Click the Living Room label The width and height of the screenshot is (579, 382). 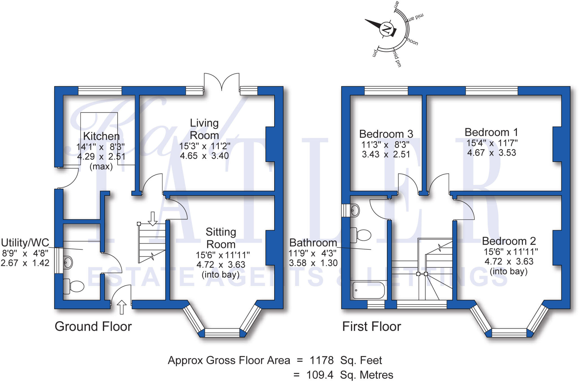(x=204, y=129)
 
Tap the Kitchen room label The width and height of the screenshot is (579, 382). (x=101, y=136)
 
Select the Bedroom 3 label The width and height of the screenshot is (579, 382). (x=386, y=134)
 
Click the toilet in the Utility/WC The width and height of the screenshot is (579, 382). (x=74, y=286)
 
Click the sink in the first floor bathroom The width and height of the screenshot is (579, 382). (x=355, y=210)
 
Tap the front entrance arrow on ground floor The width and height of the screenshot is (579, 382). (x=122, y=307)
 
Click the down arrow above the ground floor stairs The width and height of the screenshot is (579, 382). (x=153, y=218)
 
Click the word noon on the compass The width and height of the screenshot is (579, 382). (x=412, y=42)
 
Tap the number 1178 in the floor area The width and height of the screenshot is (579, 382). (x=322, y=360)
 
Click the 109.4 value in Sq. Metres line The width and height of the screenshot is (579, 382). (x=320, y=375)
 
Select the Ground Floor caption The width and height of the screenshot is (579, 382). (x=93, y=326)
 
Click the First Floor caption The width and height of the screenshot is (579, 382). (x=371, y=326)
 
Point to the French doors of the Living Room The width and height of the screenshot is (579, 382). (x=222, y=82)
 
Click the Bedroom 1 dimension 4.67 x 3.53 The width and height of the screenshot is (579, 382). (x=491, y=153)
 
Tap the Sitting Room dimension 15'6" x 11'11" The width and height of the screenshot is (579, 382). (x=222, y=255)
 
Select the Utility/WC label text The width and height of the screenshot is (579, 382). (x=25, y=243)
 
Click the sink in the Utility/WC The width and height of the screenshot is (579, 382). (x=68, y=262)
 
